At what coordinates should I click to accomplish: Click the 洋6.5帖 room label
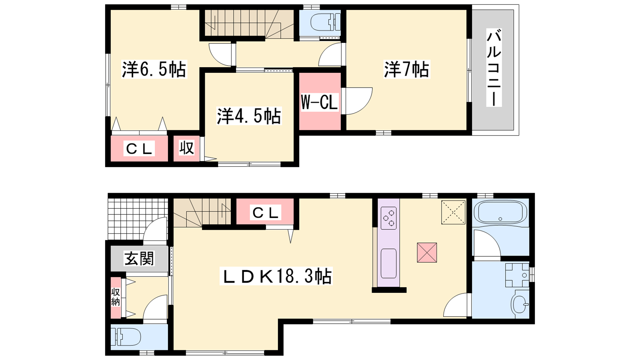[x=154, y=69]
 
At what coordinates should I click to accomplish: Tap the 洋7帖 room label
[x=406, y=69]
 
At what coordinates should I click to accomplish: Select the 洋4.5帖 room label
[x=249, y=116]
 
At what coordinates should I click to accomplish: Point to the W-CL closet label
[x=320, y=102]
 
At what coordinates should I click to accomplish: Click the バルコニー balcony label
[x=494, y=68]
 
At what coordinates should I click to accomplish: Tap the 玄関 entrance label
[x=139, y=258]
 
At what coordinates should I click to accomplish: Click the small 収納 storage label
[x=116, y=297]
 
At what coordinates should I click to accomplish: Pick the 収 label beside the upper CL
[x=186, y=148]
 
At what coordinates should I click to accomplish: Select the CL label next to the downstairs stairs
[x=266, y=212]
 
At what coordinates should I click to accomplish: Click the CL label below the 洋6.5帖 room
[x=139, y=148]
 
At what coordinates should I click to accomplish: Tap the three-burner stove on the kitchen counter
[x=388, y=218]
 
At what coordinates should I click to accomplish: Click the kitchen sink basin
[x=388, y=264]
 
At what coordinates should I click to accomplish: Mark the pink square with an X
[x=427, y=252]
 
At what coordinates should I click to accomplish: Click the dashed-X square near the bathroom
[x=454, y=212]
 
